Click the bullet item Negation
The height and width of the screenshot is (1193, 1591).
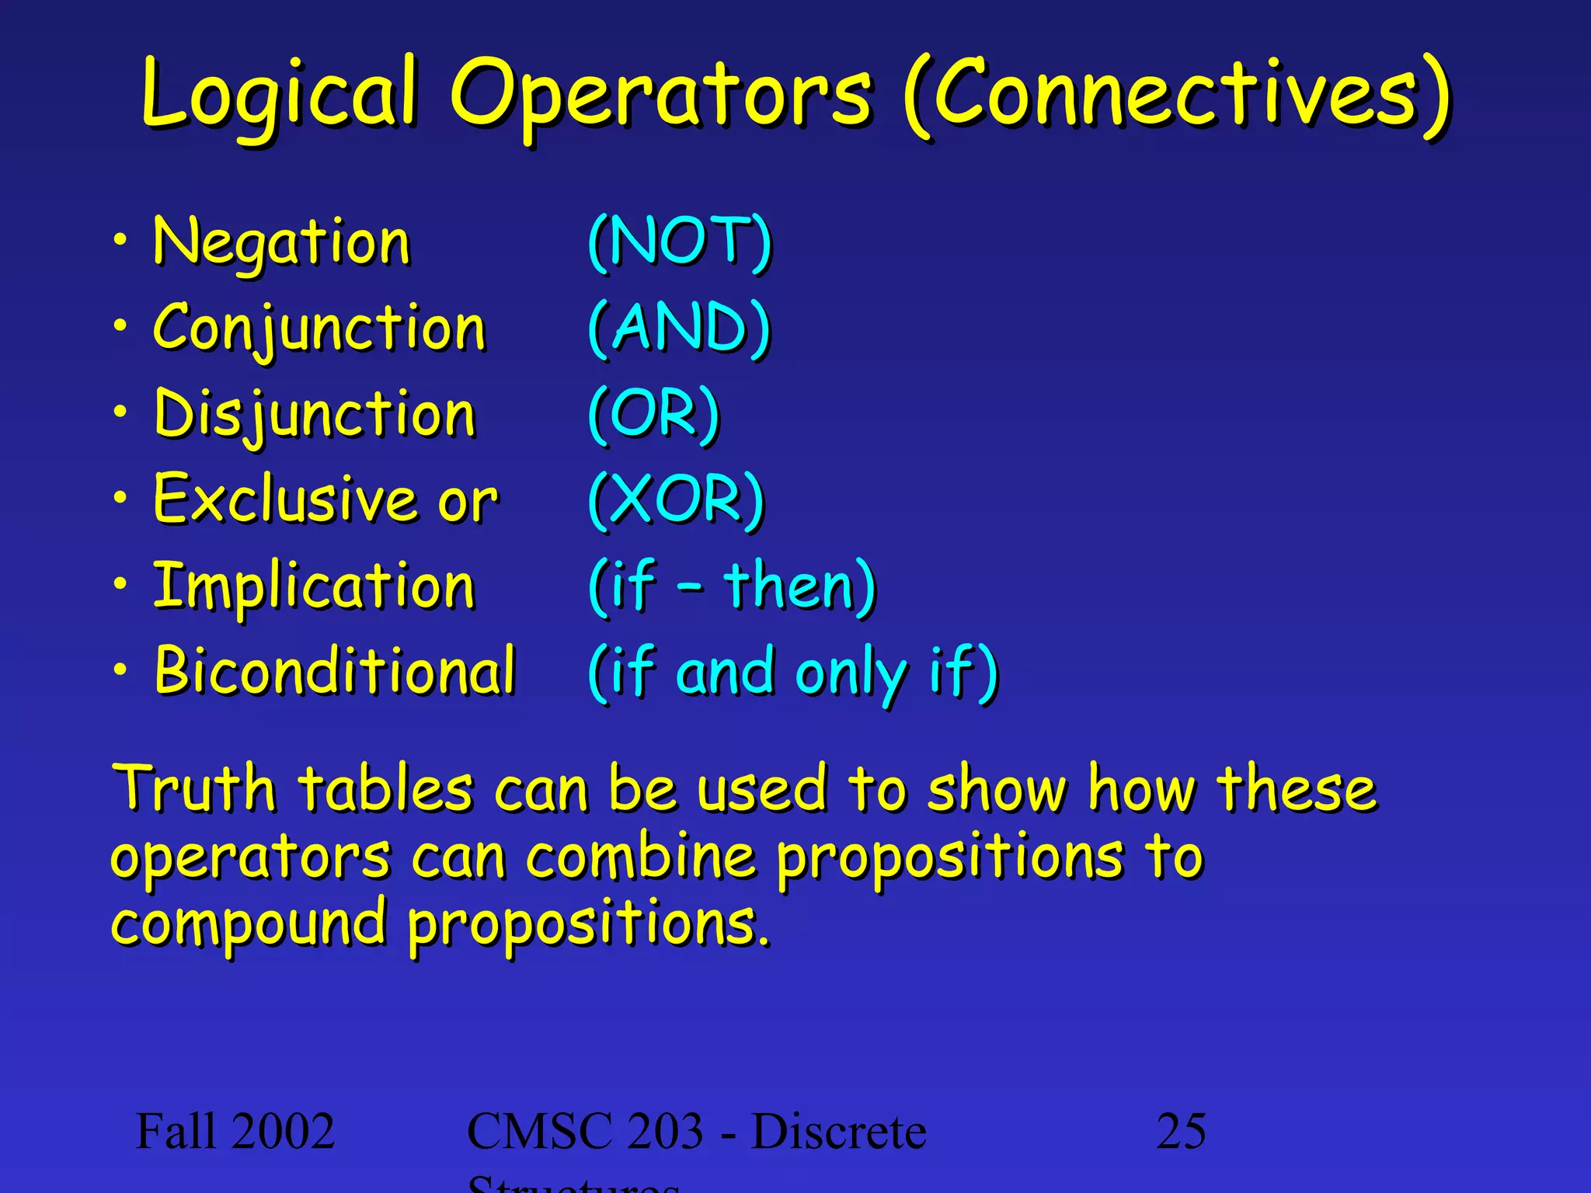pyautogui.click(x=281, y=242)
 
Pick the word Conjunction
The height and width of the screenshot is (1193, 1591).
pyautogui.click(x=319, y=328)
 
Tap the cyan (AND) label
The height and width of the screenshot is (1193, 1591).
pyautogui.click(x=679, y=327)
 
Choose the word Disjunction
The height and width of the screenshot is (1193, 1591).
pyautogui.click(x=315, y=414)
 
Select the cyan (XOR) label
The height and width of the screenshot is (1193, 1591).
pyautogui.click(x=677, y=499)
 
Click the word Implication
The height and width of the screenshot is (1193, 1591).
pyautogui.click(x=314, y=586)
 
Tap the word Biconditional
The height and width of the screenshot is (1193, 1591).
pyautogui.click(x=335, y=670)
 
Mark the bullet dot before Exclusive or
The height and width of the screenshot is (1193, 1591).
pyautogui.click(x=120, y=497)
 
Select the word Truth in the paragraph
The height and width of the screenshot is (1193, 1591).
pyautogui.click(x=194, y=789)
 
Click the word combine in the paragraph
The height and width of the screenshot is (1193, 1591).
pyautogui.click(x=641, y=857)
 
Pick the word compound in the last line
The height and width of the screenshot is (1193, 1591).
pyautogui.click(x=249, y=924)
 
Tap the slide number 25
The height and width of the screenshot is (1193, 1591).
pyautogui.click(x=1181, y=1131)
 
